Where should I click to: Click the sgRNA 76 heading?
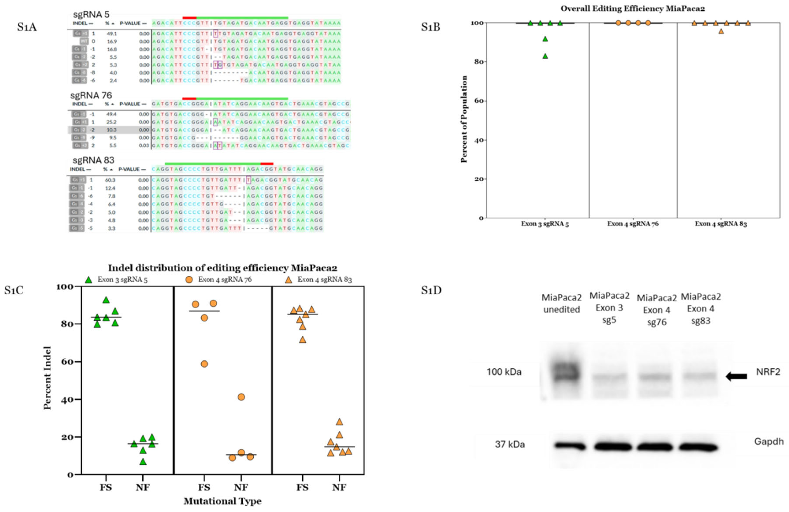point(91,95)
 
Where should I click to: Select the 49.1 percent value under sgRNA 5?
point(112,33)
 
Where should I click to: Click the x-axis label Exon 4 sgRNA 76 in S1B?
point(633,224)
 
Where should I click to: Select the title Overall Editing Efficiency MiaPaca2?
point(633,9)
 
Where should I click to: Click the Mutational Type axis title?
point(222,501)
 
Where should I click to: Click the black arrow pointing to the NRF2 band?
point(737,376)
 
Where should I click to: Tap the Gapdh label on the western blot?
point(768,442)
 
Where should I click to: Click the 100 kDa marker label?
point(504,372)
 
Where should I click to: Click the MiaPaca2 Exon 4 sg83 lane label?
point(701,309)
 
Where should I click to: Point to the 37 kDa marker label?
point(510,444)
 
